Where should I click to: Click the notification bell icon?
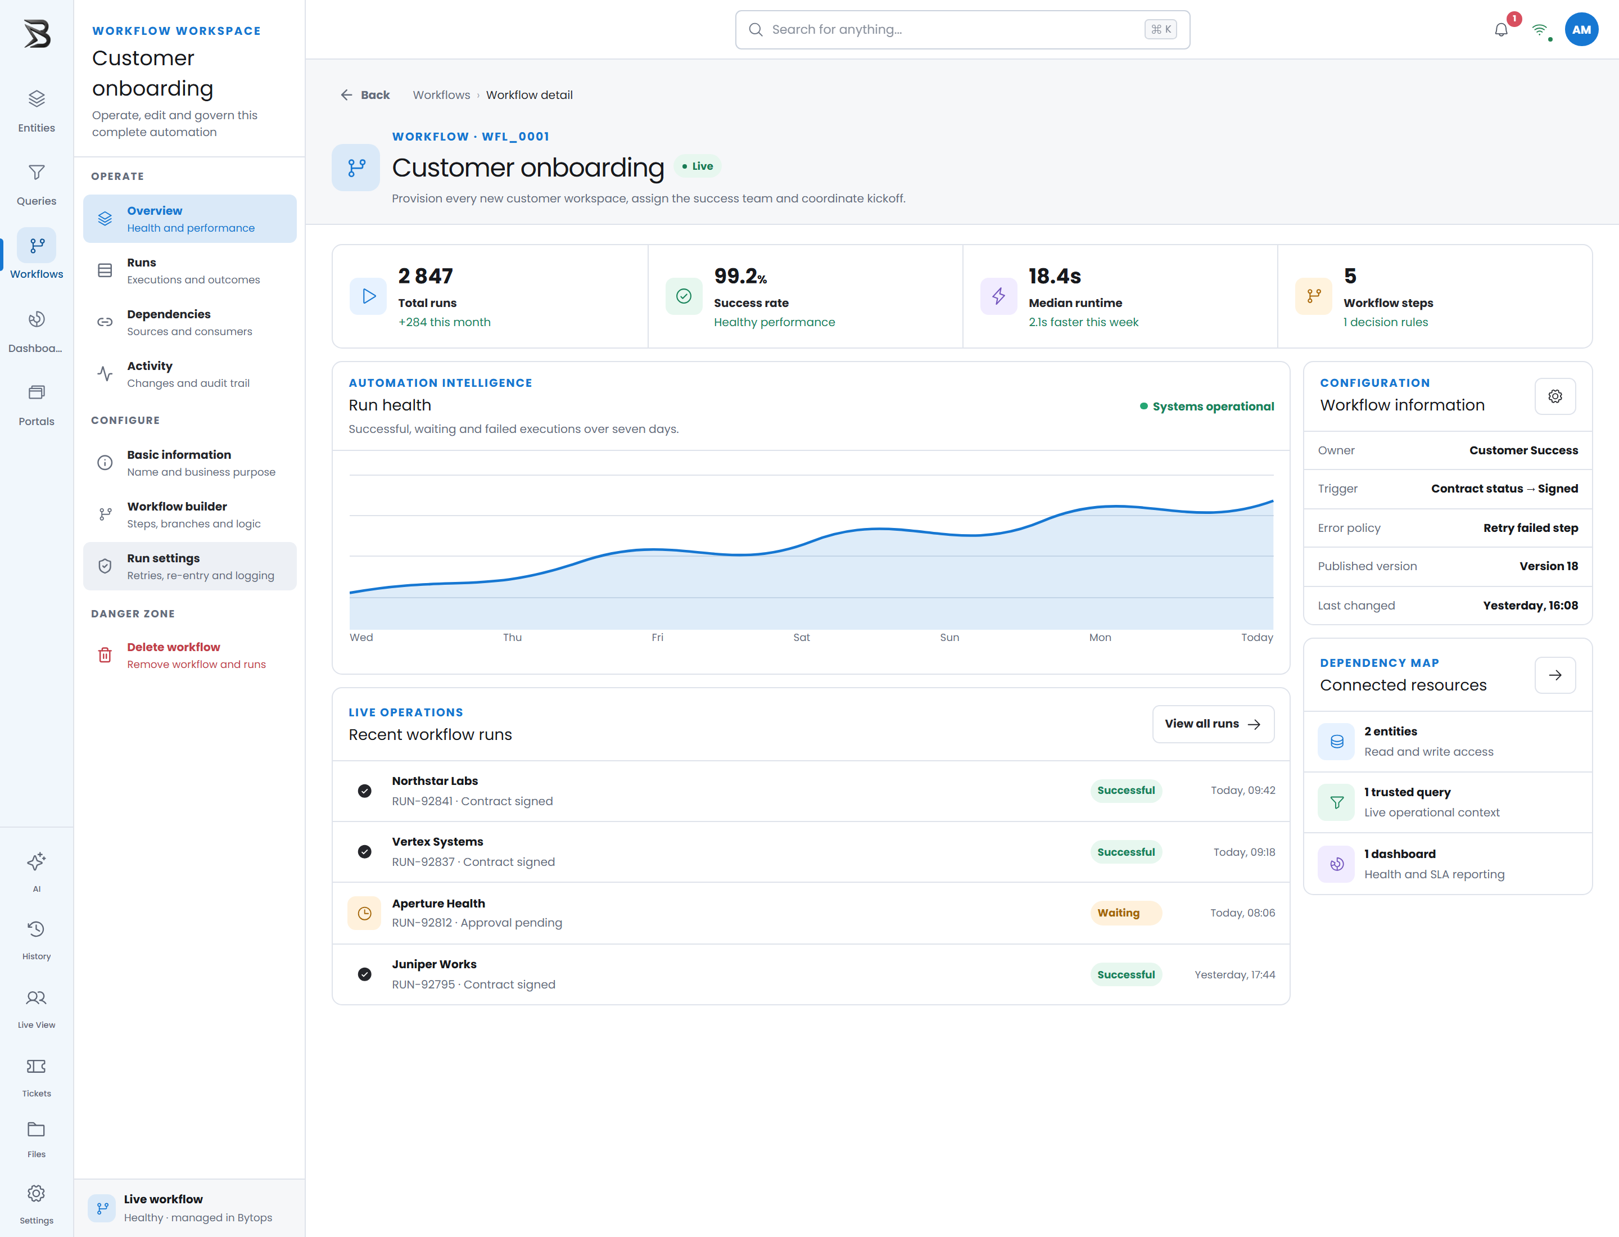tap(1501, 30)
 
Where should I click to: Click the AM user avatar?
tap(1581, 29)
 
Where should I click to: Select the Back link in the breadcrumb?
tap(365, 95)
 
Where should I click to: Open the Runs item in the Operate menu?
tap(190, 271)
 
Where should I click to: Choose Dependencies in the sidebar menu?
tap(190, 323)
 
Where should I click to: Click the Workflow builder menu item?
tap(190, 514)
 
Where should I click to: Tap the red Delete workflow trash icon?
tap(105, 655)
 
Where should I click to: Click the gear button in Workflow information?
tap(1555, 396)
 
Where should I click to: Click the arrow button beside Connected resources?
tap(1555, 675)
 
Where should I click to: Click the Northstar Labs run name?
tap(435, 780)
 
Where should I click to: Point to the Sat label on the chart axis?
tap(801, 638)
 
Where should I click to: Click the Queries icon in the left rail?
tap(37, 173)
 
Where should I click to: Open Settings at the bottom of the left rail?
tap(37, 1203)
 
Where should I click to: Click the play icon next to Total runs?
tap(368, 296)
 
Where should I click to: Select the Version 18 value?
tap(1548, 566)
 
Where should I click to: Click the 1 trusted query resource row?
tap(1448, 802)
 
